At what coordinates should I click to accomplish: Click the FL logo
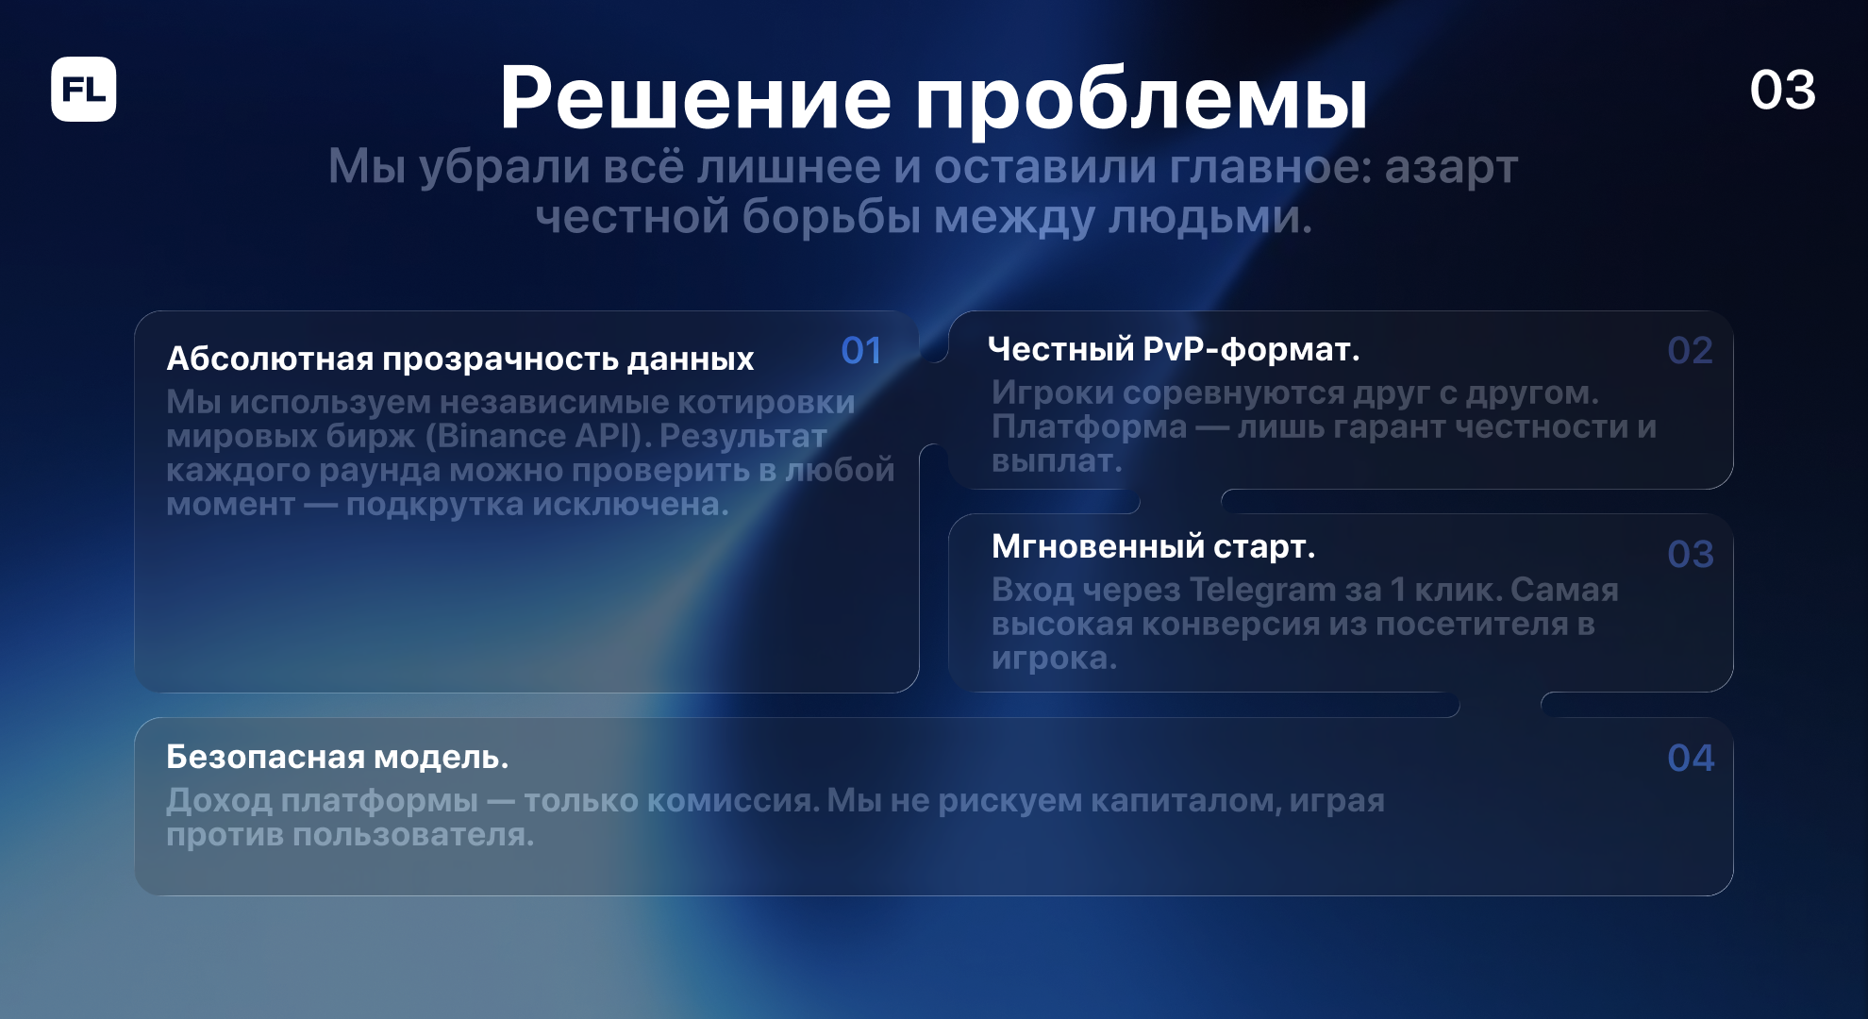click(84, 90)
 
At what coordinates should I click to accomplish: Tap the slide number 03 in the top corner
click(1782, 91)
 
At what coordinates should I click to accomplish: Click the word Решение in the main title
click(695, 97)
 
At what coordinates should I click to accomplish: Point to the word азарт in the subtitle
click(1451, 168)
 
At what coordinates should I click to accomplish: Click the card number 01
click(861, 351)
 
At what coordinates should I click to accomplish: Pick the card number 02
click(1690, 351)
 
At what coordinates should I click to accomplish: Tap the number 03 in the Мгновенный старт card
click(1690, 554)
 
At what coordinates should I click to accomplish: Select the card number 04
click(1690, 758)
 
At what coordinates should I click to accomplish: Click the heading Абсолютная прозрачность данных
click(460, 359)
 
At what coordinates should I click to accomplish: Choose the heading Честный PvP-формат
click(1174, 350)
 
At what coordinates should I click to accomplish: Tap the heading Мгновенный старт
click(1153, 546)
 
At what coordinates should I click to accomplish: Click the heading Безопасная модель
click(338, 757)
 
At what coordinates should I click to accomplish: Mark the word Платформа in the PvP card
click(1089, 427)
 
